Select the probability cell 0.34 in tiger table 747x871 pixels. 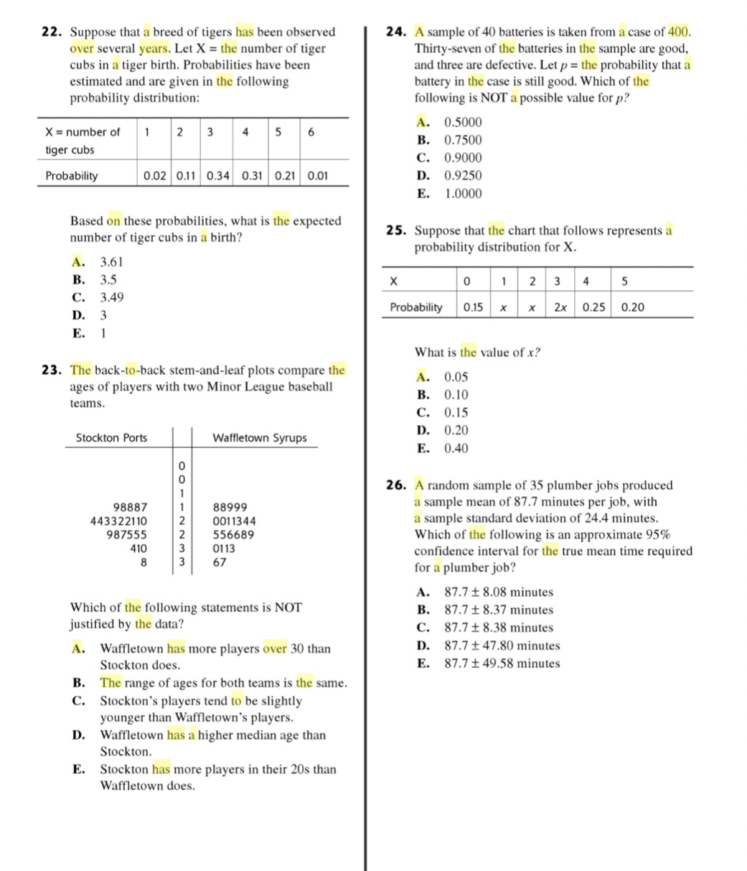point(218,175)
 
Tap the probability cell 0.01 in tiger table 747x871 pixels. point(319,175)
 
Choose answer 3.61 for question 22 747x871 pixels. point(111,262)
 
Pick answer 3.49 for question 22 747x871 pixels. point(111,297)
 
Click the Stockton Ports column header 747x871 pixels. point(111,438)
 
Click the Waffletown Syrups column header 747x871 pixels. point(259,438)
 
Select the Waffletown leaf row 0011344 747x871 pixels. point(234,521)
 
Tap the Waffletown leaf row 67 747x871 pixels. point(220,562)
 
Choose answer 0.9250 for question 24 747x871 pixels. point(463,176)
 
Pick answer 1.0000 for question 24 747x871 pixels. point(463,194)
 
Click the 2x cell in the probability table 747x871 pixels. point(560,307)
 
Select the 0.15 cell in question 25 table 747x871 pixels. point(472,307)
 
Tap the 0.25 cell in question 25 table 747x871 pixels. point(593,307)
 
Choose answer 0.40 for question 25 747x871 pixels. point(456,449)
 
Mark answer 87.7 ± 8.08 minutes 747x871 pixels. point(499,592)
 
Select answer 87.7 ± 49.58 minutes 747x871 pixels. point(502,663)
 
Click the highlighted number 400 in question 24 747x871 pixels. point(678,32)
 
